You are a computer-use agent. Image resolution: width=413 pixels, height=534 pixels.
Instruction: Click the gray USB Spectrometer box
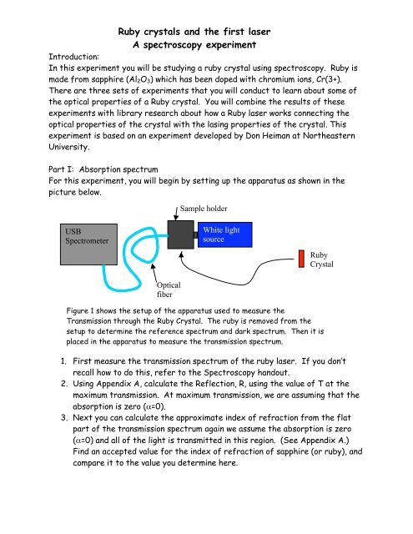(88, 244)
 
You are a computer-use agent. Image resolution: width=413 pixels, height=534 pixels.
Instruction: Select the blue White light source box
(225, 234)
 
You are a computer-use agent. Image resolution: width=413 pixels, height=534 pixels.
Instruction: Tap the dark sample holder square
(181, 234)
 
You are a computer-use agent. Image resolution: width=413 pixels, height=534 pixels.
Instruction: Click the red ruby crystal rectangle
(301, 259)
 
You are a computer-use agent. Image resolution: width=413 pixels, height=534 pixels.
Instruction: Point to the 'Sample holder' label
(204, 209)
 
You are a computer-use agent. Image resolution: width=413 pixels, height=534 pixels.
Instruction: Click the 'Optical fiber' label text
(169, 290)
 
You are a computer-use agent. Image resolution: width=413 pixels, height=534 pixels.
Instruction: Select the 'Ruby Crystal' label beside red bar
(321, 259)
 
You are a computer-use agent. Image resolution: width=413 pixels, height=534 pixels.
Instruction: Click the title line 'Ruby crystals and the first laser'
(194, 32)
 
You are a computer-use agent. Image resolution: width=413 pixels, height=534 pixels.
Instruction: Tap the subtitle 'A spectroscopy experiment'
(194, 44)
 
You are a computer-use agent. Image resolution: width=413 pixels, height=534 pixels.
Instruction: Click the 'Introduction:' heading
(74, 57)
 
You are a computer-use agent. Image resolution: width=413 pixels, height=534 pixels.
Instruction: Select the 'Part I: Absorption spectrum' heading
(103, 169)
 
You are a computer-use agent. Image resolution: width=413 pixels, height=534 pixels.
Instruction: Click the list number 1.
(63, 361)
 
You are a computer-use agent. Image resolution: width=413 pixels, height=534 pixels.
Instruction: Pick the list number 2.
(64, 384)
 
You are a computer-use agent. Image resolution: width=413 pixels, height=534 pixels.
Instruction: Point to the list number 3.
(64, 417)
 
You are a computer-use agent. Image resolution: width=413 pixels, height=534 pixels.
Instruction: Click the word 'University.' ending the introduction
(69, 147)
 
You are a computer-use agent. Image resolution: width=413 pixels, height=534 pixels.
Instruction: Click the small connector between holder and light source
(196, 235)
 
